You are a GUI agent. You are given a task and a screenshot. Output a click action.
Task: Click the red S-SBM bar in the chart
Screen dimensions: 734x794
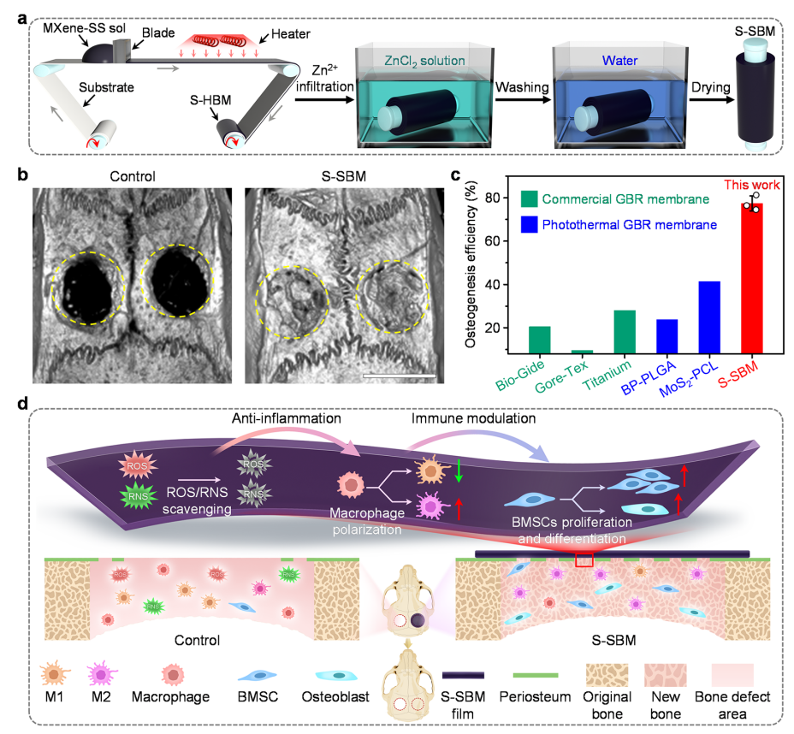(x=752, y=275)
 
